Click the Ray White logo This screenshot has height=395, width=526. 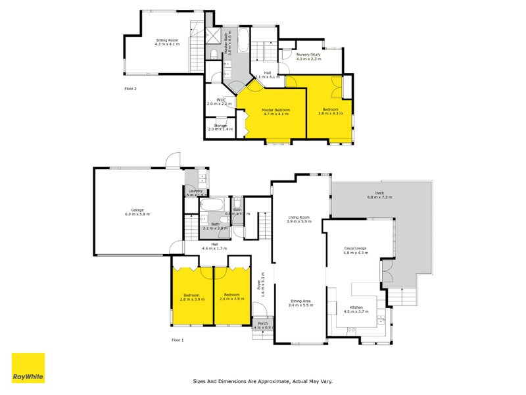28,368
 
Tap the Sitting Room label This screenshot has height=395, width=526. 167,40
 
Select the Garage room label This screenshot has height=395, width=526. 137,210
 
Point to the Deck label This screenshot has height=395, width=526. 379,193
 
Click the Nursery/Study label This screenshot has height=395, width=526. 308,55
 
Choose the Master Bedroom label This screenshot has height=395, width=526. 276,110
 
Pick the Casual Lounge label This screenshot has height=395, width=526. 355,248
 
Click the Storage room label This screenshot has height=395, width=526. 220,125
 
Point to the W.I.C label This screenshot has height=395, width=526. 220,99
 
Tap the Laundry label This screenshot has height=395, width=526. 195,191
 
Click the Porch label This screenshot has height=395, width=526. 262,323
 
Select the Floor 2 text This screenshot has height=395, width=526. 130,88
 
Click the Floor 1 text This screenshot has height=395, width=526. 178,340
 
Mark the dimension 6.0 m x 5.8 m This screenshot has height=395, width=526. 137,215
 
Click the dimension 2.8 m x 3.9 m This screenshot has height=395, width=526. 192,299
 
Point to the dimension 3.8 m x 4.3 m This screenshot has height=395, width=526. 331,114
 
